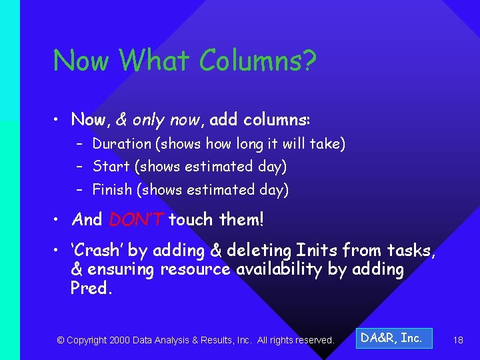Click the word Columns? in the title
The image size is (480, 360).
[x=258, y=61]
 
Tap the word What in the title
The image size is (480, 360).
[x=154, y=61]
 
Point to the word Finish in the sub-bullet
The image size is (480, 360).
[x=112, y=189]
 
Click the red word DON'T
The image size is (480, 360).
[x=136, y=219]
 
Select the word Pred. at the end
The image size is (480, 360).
[x=90, y=288]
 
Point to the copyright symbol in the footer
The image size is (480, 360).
[x=61, y=340]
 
